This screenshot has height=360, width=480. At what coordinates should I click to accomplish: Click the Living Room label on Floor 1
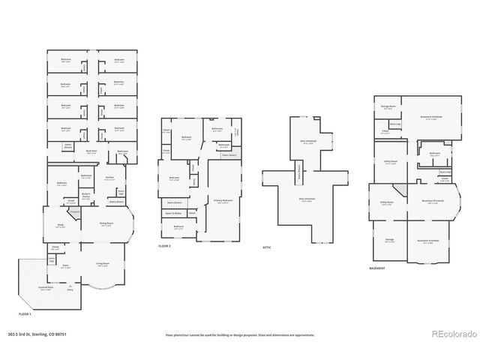(103, 263)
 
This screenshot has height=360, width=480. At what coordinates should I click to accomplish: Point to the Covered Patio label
(46, 287)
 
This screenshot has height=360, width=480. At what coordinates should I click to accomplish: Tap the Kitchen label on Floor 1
(109, 177)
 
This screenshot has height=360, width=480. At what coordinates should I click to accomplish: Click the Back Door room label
(91, 151)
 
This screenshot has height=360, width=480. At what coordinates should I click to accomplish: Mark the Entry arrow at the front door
(70, 286)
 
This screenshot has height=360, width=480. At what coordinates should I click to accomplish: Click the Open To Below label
(173, 214)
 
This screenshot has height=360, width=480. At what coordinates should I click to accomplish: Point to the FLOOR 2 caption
(165, 246)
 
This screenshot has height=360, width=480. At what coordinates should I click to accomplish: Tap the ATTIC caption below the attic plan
(266, 246)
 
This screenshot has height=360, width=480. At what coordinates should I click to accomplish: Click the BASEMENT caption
(378, 268)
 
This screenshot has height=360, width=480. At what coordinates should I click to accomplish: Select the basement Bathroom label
(434, 153)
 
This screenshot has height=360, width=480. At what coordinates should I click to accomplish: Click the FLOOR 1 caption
(25, 313)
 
